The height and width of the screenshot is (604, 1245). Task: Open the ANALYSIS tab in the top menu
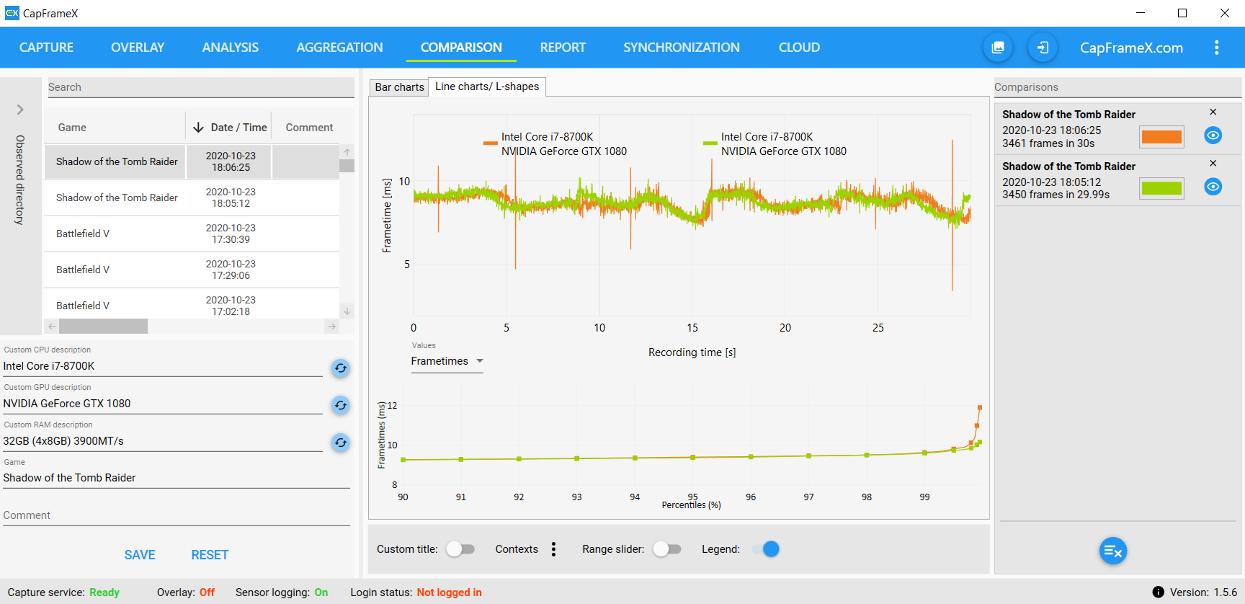[x=230, y=48]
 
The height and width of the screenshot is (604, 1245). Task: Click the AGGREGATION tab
[x=339, y=48]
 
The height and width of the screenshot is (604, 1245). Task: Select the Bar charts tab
[x=399, y=87]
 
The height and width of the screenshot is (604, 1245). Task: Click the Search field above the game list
[x=200, y=87]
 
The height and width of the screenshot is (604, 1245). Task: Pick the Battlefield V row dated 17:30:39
[x=192, y=234]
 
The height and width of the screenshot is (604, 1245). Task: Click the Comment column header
[x=309, y=128]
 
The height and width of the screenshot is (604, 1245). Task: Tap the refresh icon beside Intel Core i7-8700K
[x=341, y=368]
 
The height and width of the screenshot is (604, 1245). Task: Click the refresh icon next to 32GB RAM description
[x=341, y=443]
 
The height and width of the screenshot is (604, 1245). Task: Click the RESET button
[x=210, y=555]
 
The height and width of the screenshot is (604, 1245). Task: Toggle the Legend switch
[x=766, y=549]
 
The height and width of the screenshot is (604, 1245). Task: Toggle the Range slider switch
[x=667, y=549]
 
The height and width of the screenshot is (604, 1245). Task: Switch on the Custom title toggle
[x=460, y=549]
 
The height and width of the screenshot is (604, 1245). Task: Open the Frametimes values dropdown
[x=447, y=361]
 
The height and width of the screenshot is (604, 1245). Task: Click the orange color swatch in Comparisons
[x=1161, y=136]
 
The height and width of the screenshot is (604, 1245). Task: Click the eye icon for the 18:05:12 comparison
[x=1213, y=187]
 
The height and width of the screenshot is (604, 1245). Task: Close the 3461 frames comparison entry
[x=1213, y=112]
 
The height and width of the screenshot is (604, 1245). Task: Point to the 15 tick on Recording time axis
[x=692, y=328]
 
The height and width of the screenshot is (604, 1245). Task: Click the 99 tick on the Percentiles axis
[x=924, y=497]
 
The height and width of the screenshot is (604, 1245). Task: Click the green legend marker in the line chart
[x=710, y=143]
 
